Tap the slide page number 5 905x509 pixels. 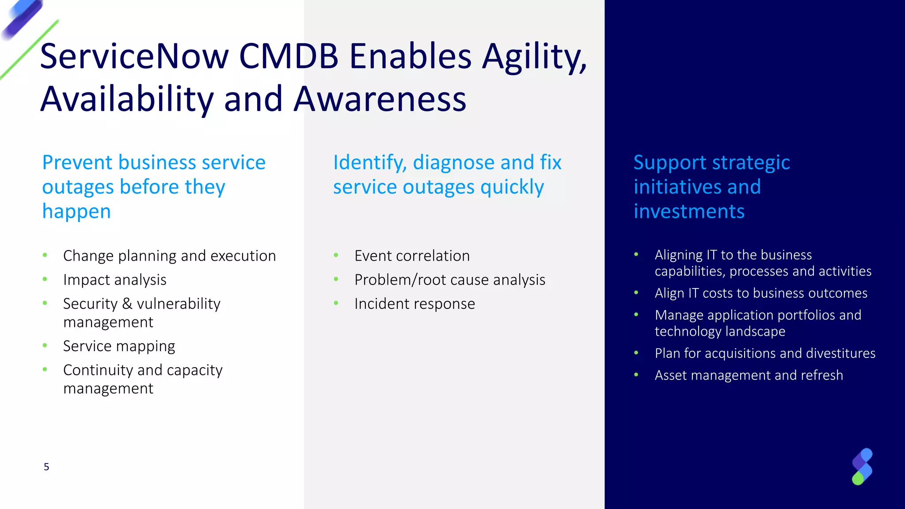(46, 467)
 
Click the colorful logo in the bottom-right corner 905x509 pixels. (862, 467)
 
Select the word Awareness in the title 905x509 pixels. (380, 99)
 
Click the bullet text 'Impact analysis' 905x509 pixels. (115, 280)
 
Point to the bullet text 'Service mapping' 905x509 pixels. (119, 346)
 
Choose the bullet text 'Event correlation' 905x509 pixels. (412, 256)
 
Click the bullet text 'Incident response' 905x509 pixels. (414, 304)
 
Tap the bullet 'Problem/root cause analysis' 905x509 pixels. (449, 280)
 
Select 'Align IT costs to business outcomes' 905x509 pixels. (761, 293)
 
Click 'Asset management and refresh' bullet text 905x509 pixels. (749, 375)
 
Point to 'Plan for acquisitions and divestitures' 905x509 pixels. (765, 353)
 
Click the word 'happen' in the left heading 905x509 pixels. (76, 211)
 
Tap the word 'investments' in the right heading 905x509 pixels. (689, 211)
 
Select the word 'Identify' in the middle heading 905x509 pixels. (369, 163)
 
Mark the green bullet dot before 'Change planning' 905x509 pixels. (45, 255)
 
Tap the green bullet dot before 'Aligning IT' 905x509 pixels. (636, 254)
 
